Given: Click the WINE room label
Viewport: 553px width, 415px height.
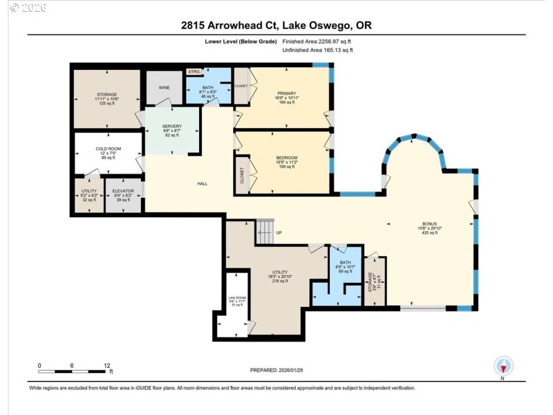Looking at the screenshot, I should tap(165, 88).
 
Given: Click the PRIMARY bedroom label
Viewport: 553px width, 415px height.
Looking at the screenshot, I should tap(286, 93).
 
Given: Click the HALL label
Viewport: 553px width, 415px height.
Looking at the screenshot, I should tap(203, 183).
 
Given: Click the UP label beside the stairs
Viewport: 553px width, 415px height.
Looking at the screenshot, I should tap(279, 232).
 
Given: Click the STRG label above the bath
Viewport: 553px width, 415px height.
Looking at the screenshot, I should tap(194, 71).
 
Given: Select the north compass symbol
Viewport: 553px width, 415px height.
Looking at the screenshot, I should tap(503, 367).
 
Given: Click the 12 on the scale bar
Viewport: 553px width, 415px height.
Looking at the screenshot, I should tap(106, 365).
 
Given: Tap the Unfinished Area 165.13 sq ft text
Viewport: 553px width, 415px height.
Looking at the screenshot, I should tap(317, 50).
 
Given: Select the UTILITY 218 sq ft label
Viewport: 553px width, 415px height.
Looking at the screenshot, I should tap(280, 277).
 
